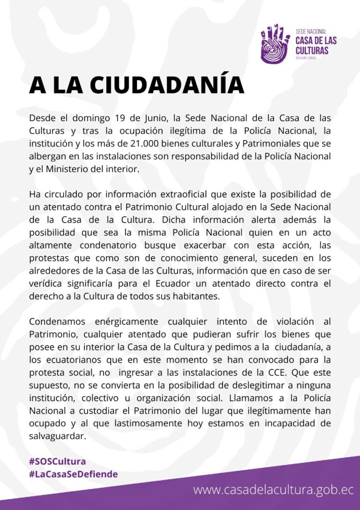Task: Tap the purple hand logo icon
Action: click(x=275, y=43)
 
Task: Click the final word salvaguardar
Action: click(x=58, y=436)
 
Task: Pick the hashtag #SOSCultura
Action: click(x=57, y=461)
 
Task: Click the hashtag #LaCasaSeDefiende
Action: click(x=73, y=474)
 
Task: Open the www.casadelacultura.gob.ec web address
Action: click(x=273, y=490)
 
